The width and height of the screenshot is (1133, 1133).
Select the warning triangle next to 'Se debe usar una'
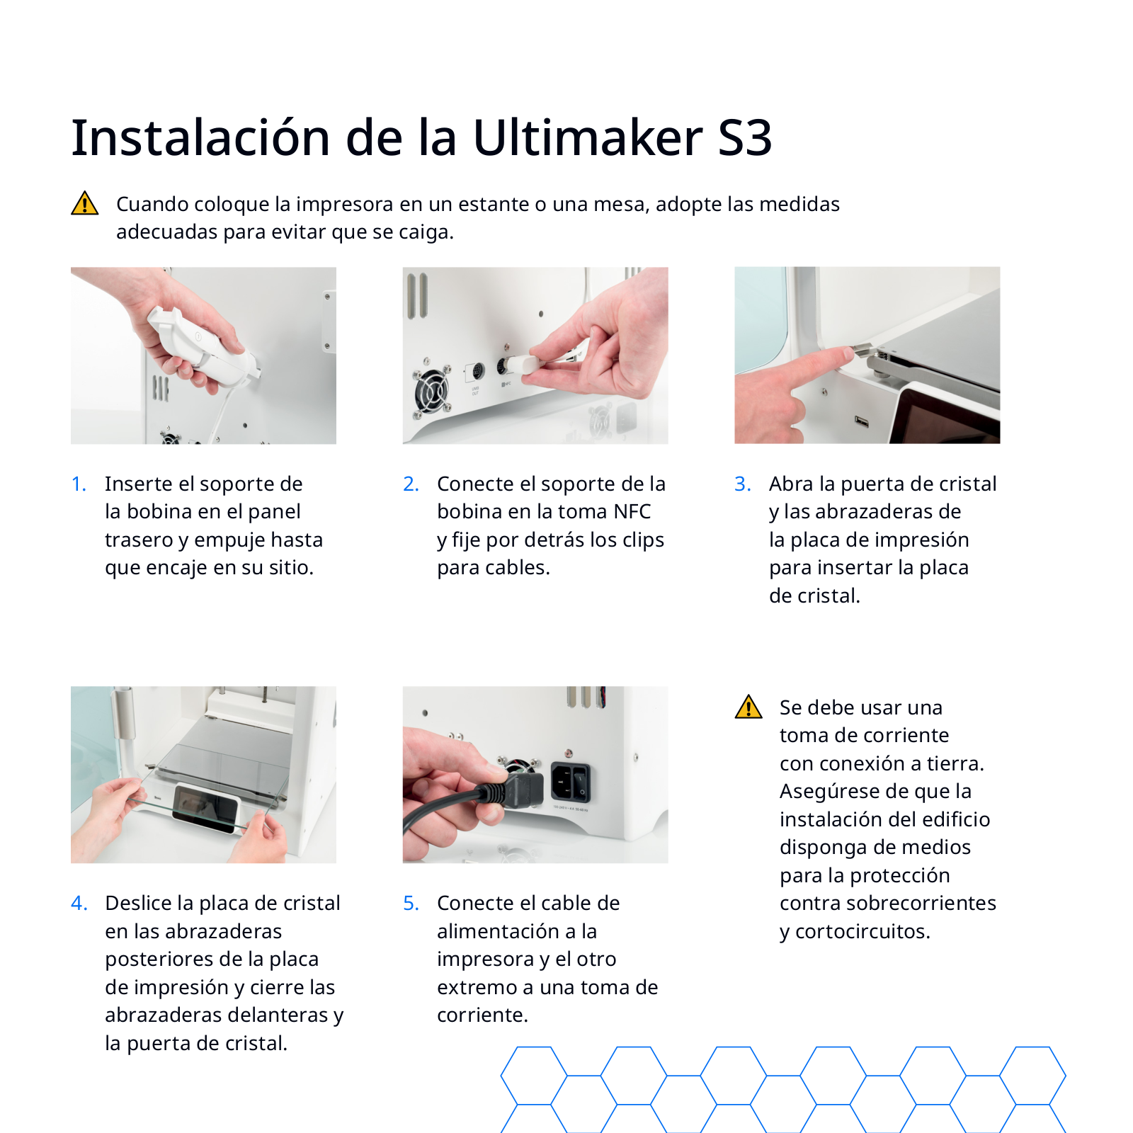click(x=748, y=707)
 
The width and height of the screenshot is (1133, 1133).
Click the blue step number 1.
click(x=79, y=484)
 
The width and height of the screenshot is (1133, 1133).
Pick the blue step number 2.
click(x=411, y=484)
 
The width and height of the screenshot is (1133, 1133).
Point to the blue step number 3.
click(x=743, y=484)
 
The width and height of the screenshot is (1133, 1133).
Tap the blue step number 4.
click(x=79, y=903)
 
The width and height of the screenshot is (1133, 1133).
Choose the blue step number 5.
click(x=411, y=903)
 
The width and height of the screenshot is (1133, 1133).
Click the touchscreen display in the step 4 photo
click(x=205, y=807)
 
